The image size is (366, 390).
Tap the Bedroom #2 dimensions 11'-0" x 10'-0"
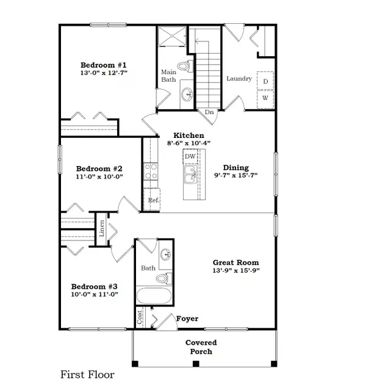pos(100,178)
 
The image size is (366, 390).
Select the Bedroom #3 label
pos(95,286)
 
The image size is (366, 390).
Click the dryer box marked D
pos(265,81)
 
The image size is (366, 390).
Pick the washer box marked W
pos(265,98)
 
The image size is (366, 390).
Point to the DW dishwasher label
pos(190,157)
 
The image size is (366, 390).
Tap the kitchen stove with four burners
pos(150,172)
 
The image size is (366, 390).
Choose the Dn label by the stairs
pos(209,112)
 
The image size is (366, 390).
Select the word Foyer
pos(187,319)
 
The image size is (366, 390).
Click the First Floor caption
pos(87,374)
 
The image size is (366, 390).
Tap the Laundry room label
pos(239,79)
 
